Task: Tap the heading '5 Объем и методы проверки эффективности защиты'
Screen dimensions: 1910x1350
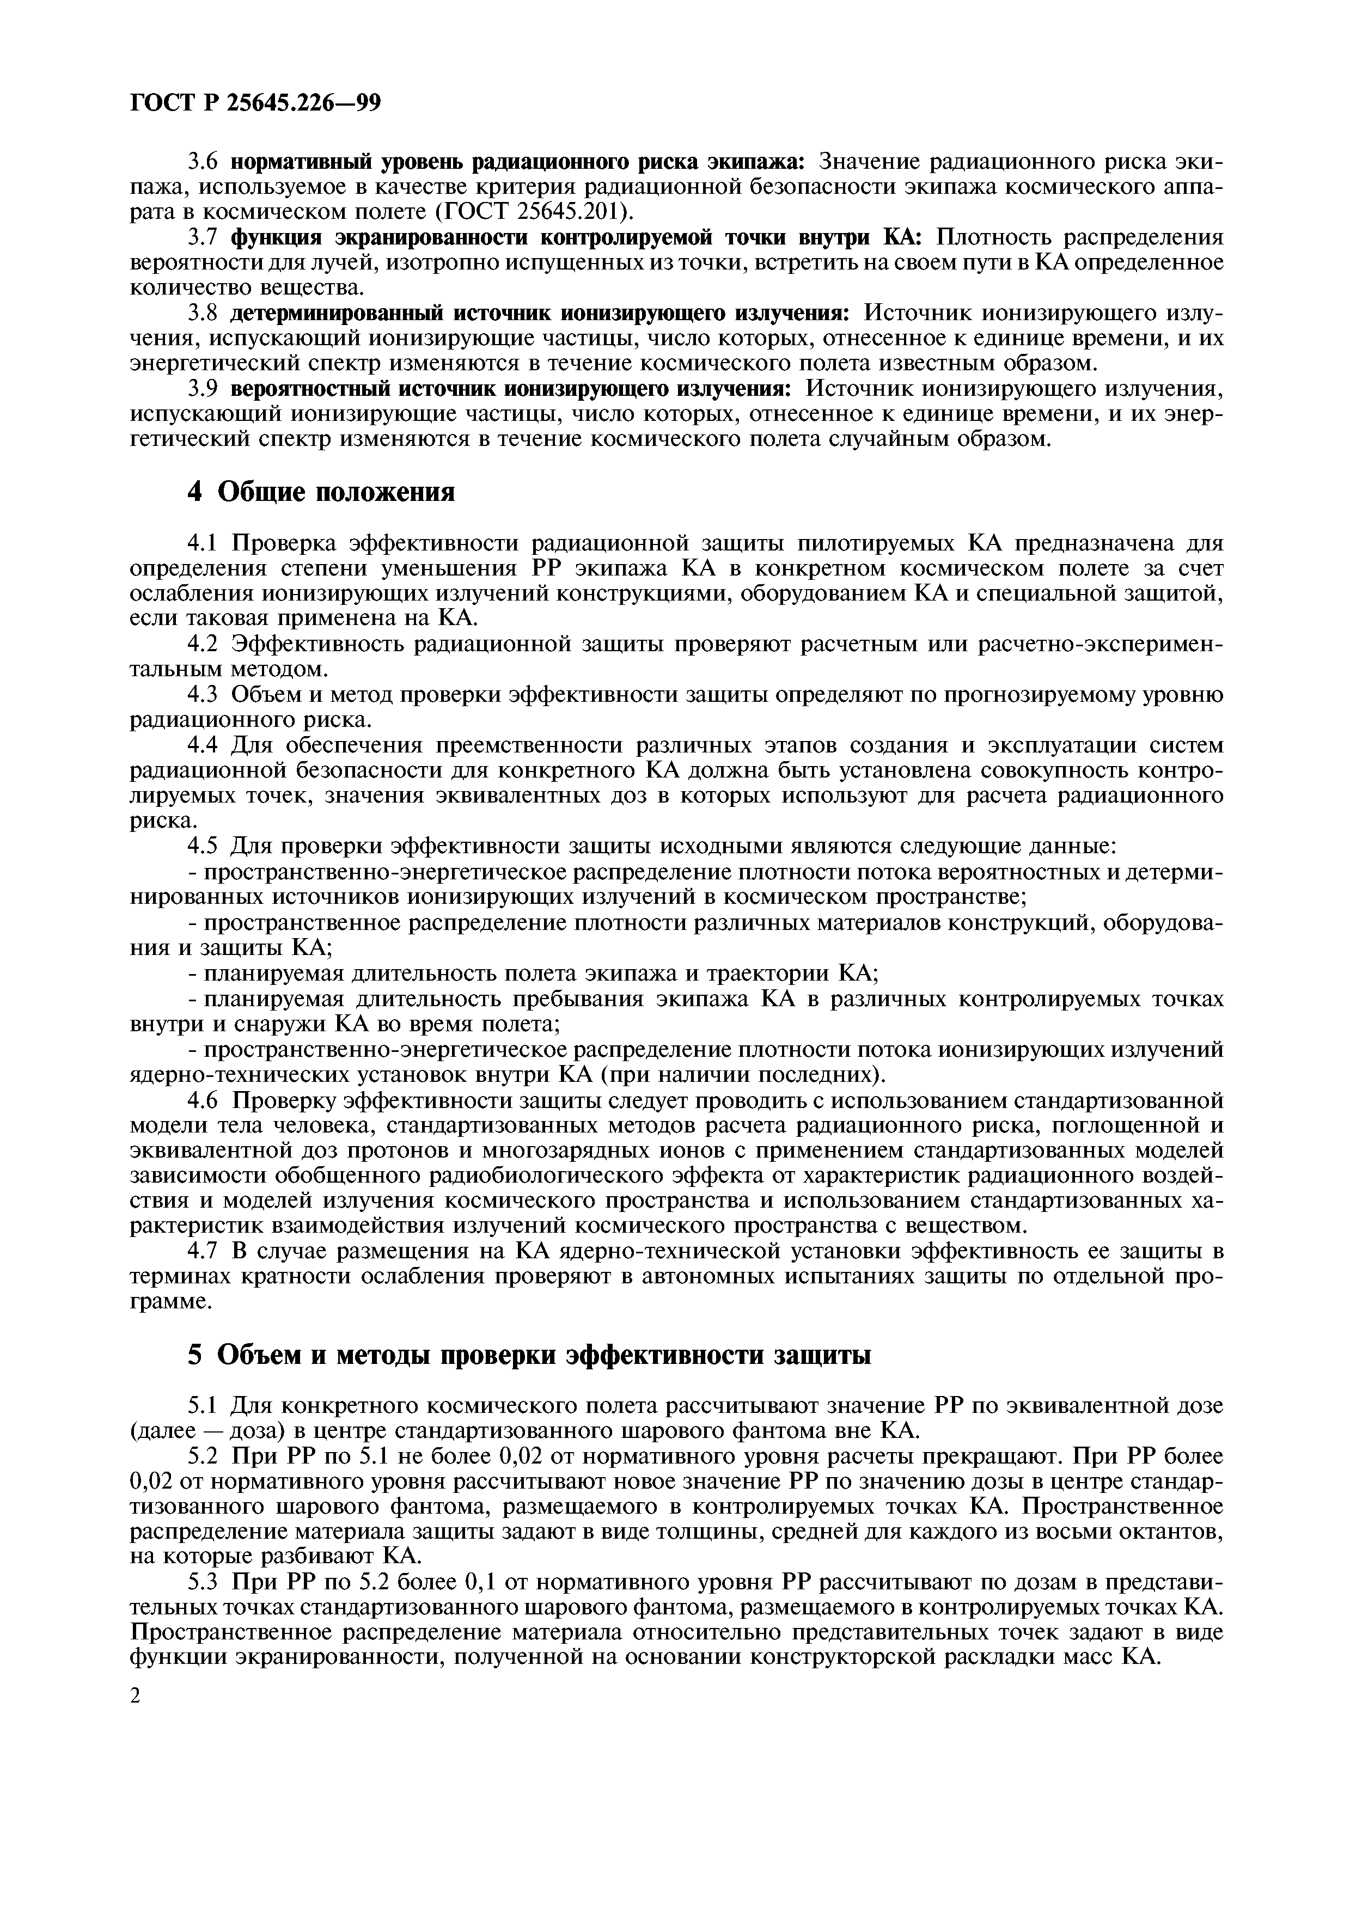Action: (x=528, y=1355)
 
